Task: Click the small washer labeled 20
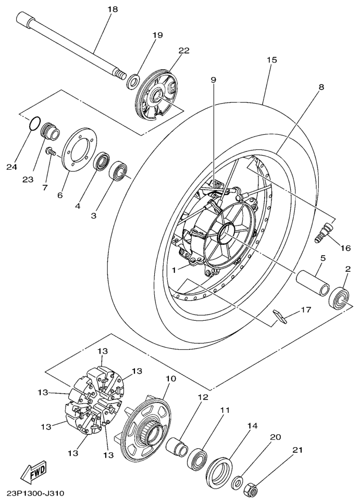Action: [238, 481]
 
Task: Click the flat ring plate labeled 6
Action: [77, 150]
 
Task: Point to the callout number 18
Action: [113, 9]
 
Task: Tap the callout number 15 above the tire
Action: [272, 60]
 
